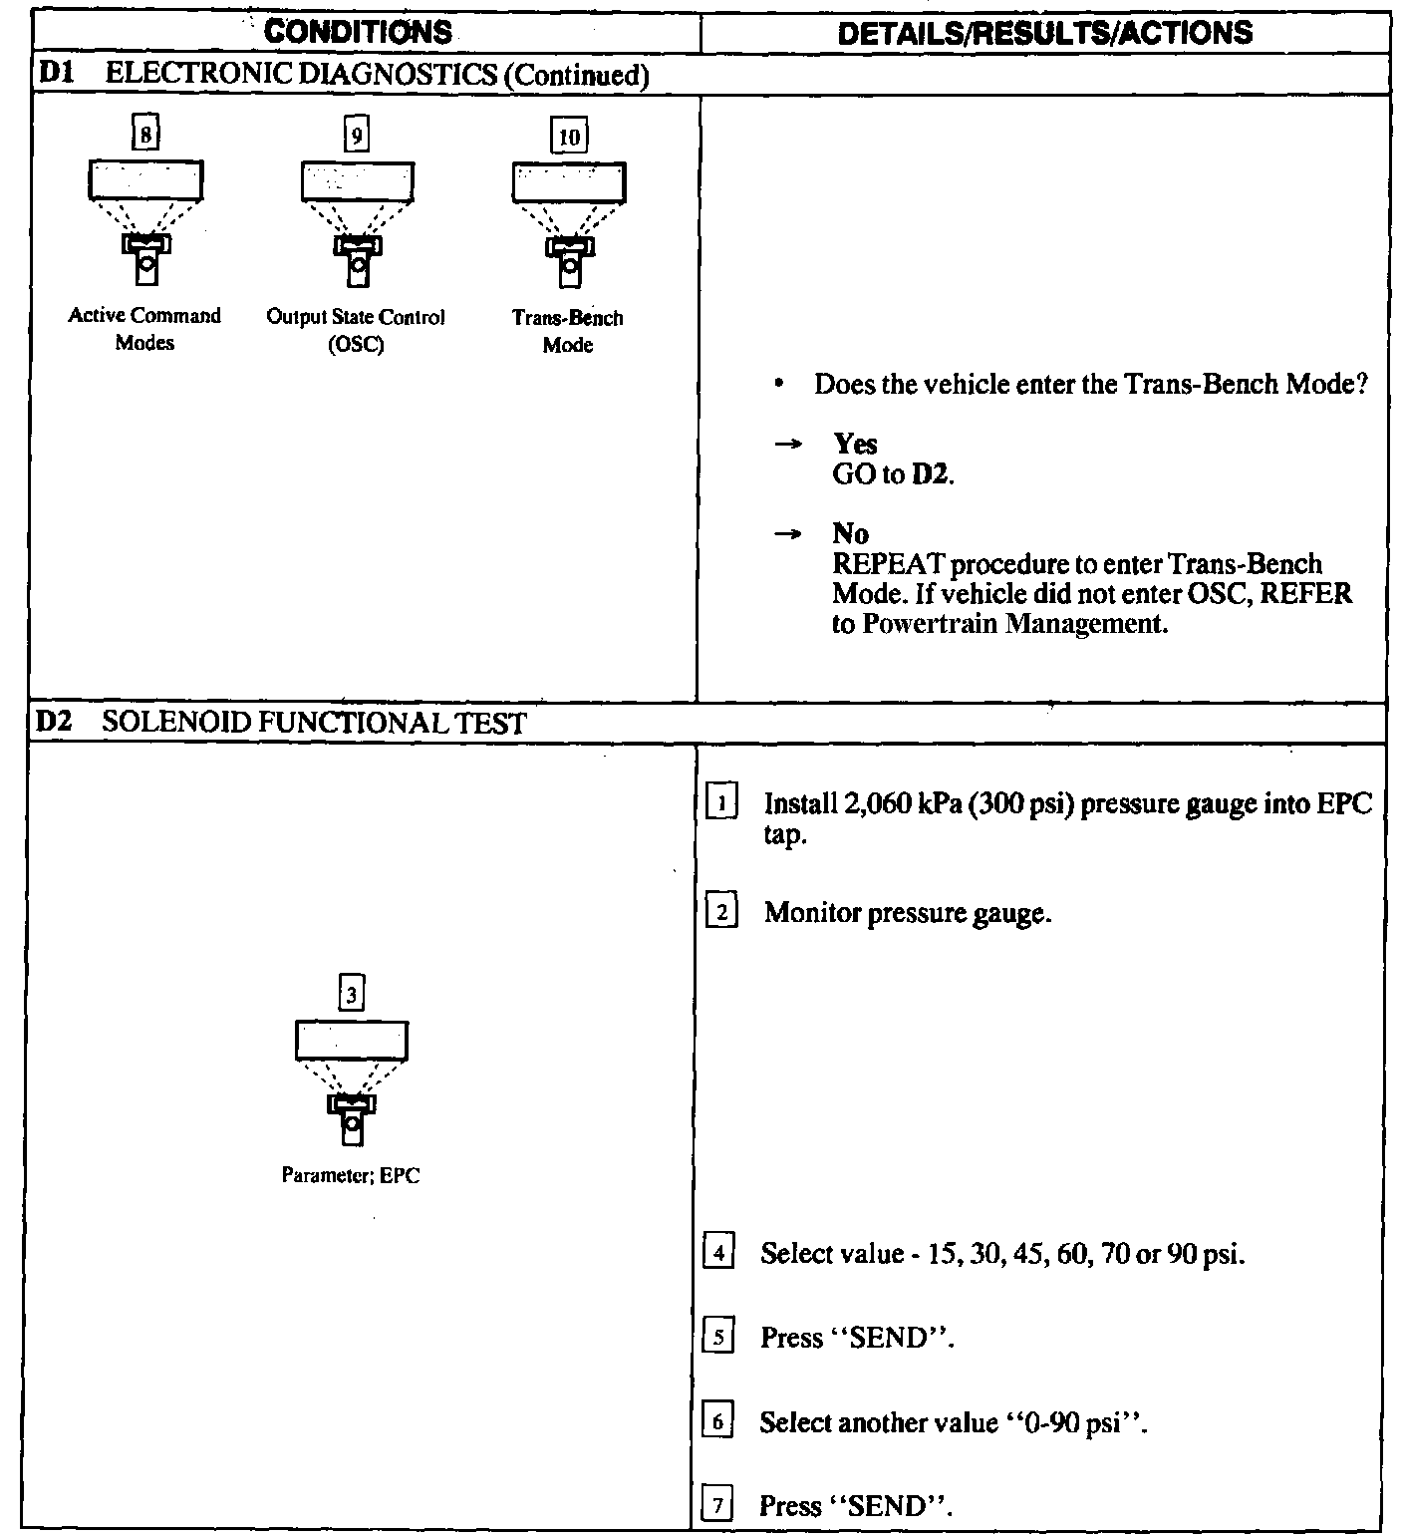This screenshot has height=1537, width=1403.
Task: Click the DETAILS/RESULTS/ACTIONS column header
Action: (1045, 33)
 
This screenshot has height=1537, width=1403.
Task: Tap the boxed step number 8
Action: (145, 134)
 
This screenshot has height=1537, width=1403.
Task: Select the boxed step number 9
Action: (356, 134)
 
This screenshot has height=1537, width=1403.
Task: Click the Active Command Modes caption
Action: (144, 329)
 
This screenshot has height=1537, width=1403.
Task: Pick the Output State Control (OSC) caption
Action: (355, 330)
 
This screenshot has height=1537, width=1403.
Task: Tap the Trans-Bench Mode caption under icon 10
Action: (567, 331)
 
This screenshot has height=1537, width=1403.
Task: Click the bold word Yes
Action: (855, 445)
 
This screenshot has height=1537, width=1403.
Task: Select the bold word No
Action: (850, 534)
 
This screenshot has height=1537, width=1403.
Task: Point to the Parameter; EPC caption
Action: (352, 1176)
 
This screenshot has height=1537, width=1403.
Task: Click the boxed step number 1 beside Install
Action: (721, 802)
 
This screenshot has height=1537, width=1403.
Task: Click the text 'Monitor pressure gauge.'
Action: (908, 913)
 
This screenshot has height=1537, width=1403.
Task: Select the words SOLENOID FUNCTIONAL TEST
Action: (314, 723)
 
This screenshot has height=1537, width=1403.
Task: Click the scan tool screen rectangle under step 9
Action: (357, 181)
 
